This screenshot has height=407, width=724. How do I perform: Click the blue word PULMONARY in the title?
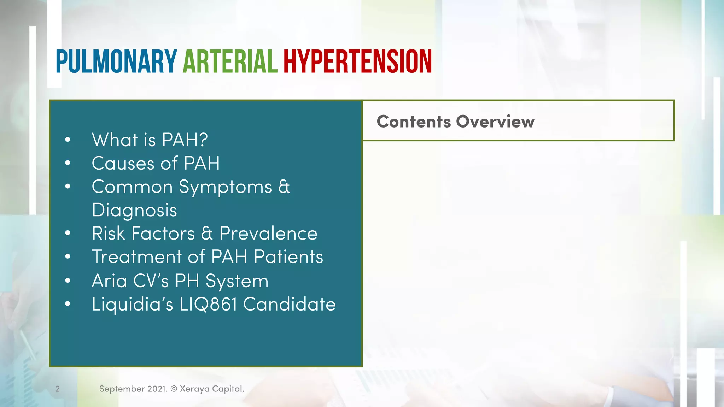point(116,62)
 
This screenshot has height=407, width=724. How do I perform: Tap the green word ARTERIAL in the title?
point(230,62)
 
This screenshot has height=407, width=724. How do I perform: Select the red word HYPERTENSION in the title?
point(357,62)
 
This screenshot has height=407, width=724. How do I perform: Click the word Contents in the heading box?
point(414,122)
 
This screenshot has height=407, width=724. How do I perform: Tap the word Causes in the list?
point(123,164)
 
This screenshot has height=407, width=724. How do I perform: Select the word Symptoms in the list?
point(225,187)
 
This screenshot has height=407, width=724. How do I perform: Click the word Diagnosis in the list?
point(134,211)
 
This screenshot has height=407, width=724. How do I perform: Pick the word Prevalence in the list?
point(268,234)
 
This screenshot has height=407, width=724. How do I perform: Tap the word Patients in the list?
point(288,257)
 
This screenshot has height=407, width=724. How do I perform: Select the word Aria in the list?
point(109,281)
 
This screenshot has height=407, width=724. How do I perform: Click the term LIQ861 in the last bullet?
point(208,305)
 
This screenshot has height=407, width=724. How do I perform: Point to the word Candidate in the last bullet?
point(290,305)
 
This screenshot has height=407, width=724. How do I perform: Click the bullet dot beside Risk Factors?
point(68,233)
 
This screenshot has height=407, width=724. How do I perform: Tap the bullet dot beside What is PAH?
point(68,140)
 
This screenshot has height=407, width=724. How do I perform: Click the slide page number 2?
point(58,389)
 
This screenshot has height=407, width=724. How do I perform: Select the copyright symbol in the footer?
point(174,389)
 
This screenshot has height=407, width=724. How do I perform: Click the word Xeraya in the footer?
point(194,389)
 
